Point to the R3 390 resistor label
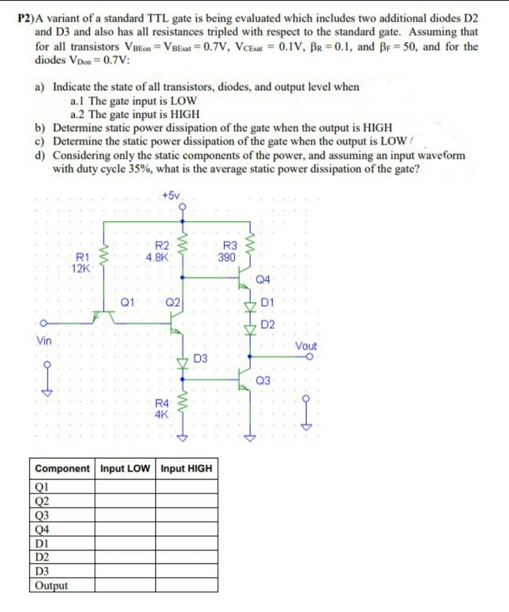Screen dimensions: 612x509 227,251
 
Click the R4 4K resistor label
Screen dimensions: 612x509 162,408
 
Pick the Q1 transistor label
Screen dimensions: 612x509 127,302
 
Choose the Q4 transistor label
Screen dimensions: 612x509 264,279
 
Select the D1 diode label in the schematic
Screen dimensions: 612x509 267,303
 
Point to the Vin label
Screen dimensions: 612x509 44,341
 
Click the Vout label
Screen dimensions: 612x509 306,346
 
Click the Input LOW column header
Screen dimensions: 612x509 125,468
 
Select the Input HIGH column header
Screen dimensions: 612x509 186,468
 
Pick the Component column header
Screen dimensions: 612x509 62,468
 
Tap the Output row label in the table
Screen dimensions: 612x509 52,585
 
